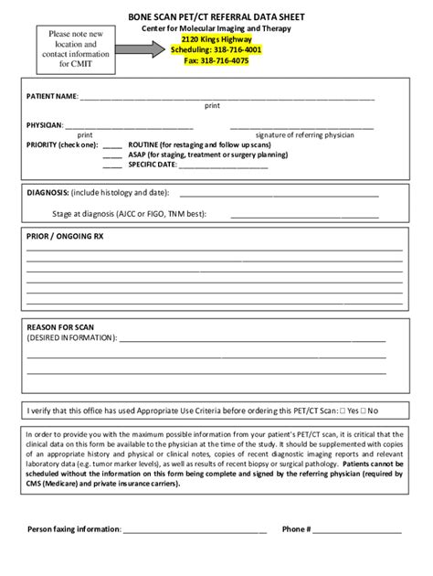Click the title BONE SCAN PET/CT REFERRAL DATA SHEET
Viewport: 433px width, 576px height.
(x=216, y=17)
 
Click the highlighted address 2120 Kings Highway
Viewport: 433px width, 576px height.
(x=216, y=40)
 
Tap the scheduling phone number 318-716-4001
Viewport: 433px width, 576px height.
(x=236, y=50)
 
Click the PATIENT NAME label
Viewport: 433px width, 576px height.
(x=52, y=96)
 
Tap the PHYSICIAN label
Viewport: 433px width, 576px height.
(x=45, y=124)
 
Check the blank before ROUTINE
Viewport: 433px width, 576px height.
(x=112, y=145)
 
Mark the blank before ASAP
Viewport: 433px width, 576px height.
(x=112, y=155)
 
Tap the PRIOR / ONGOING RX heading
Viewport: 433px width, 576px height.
(x=66, y=236)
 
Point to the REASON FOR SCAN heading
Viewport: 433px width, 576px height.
(x=60, y=326)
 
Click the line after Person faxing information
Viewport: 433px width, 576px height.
(x=195, y=530)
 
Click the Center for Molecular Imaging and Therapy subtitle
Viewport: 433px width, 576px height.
(x=216, y=29)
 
